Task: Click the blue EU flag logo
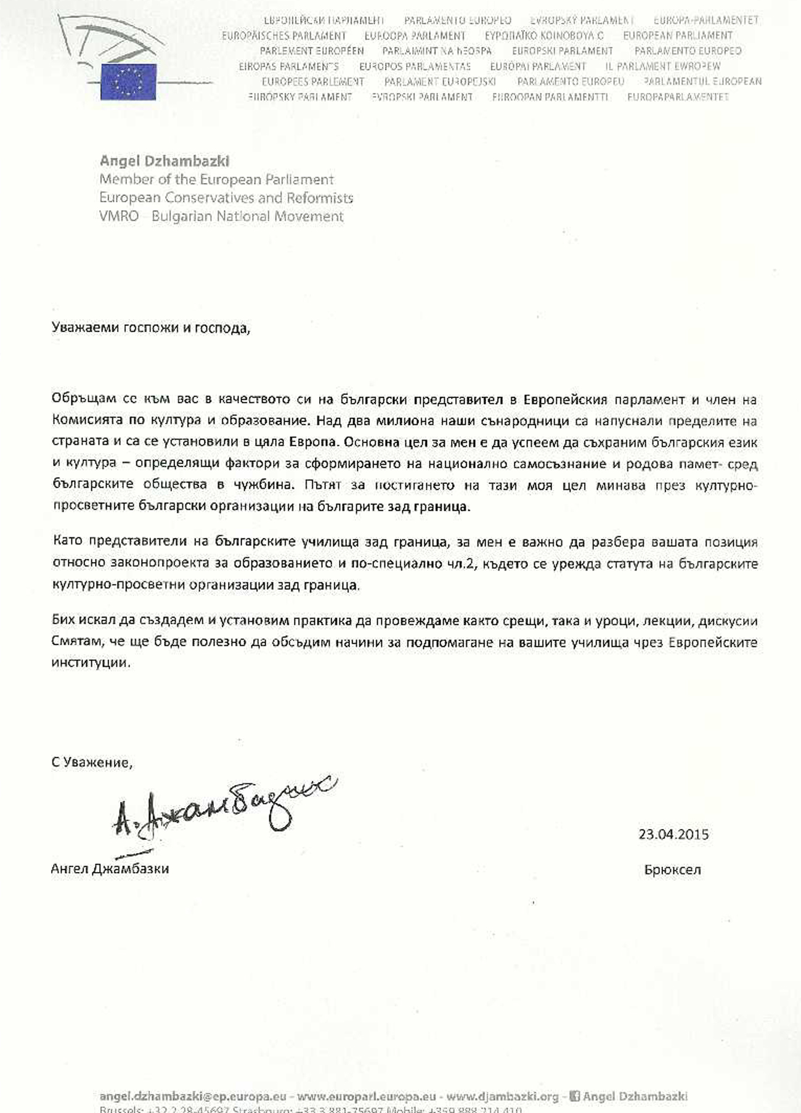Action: point(128,82)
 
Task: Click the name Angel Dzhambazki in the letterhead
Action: point(165,161)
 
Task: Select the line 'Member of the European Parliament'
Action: point(216,180)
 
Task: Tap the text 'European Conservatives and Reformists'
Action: point(226,198)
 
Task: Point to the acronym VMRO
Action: point(119,216)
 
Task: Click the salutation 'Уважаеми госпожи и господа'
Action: point(151,328)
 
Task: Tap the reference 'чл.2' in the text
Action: point(460,564)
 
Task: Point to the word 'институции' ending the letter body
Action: point(91,664)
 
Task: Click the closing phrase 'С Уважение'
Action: point(91,762)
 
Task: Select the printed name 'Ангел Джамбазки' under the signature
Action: point(110,869)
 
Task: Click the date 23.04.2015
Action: point(673,835)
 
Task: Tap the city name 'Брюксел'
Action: point(672,870)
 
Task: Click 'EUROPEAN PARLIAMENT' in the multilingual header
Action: point(678,36)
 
